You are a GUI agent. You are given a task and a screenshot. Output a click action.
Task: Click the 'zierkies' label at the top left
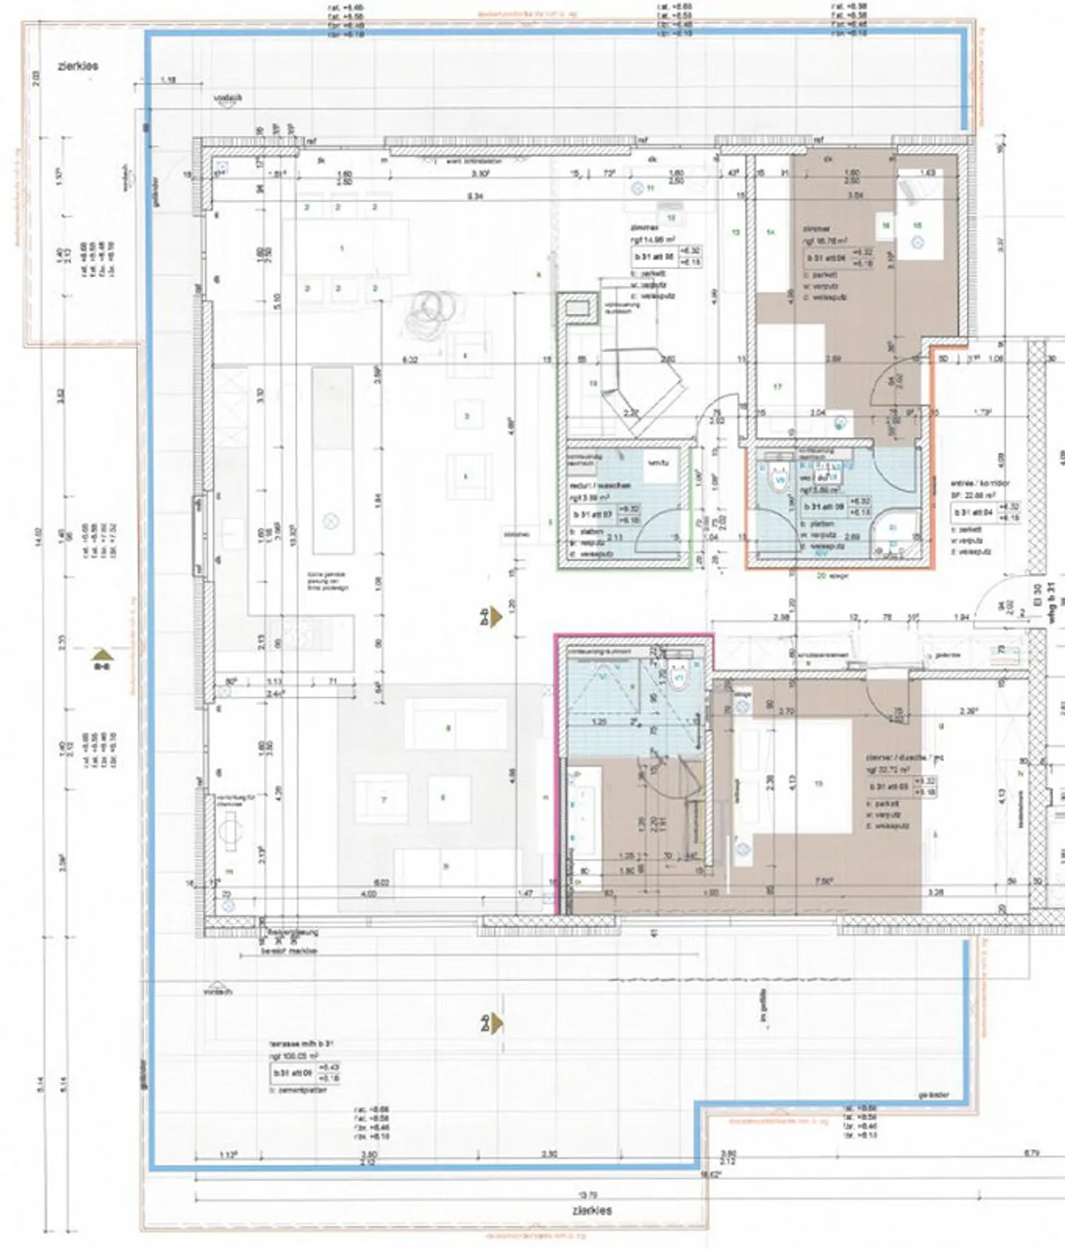(x=78, y=66)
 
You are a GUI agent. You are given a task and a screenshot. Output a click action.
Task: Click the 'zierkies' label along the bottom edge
(x=592, y=1211)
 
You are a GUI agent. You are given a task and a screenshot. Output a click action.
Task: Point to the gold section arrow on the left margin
(x=103, y=655)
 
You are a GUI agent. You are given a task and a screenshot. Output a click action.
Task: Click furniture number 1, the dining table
(x=342, y=248)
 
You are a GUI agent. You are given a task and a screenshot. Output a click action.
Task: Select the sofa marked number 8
(x=448, y=728)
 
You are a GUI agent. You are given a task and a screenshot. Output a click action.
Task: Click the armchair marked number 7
(x=383, y=799)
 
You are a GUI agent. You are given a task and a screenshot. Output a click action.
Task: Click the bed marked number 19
(x=817, y=784)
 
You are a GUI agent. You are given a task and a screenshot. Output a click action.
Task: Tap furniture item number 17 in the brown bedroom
(x=778, y=387)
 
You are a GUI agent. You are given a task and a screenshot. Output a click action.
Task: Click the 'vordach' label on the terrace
(x=217, y=991)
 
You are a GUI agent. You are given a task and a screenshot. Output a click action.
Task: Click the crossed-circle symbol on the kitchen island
(x=331, y=521)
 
